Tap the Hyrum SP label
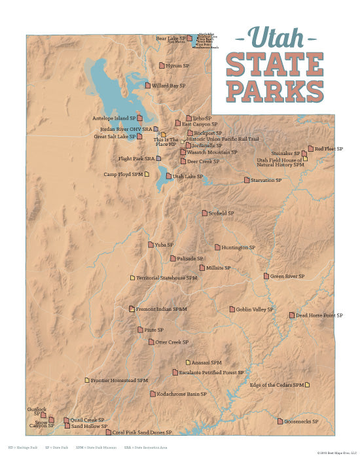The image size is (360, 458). (177, 66)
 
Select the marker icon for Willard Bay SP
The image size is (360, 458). (148, 85)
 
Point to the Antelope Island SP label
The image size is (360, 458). (114, 118)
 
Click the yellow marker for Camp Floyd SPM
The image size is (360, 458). (147, 174)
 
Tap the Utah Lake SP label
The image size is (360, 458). (188, 177)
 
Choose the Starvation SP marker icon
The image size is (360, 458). (247, 180)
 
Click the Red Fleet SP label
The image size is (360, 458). (329, 149)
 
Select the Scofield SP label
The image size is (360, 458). (221, 213)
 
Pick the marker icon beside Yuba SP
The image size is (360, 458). (151, 245)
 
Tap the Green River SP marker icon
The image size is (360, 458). (266, 276)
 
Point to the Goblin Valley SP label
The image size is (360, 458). (255, 309)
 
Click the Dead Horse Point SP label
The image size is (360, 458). (319, 315)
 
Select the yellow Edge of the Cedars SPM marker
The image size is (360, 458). (308, 385)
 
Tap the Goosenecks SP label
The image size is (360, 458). (301, 421)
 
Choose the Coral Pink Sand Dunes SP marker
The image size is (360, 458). (108, 432)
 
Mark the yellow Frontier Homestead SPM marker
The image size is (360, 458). (86, 380)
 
